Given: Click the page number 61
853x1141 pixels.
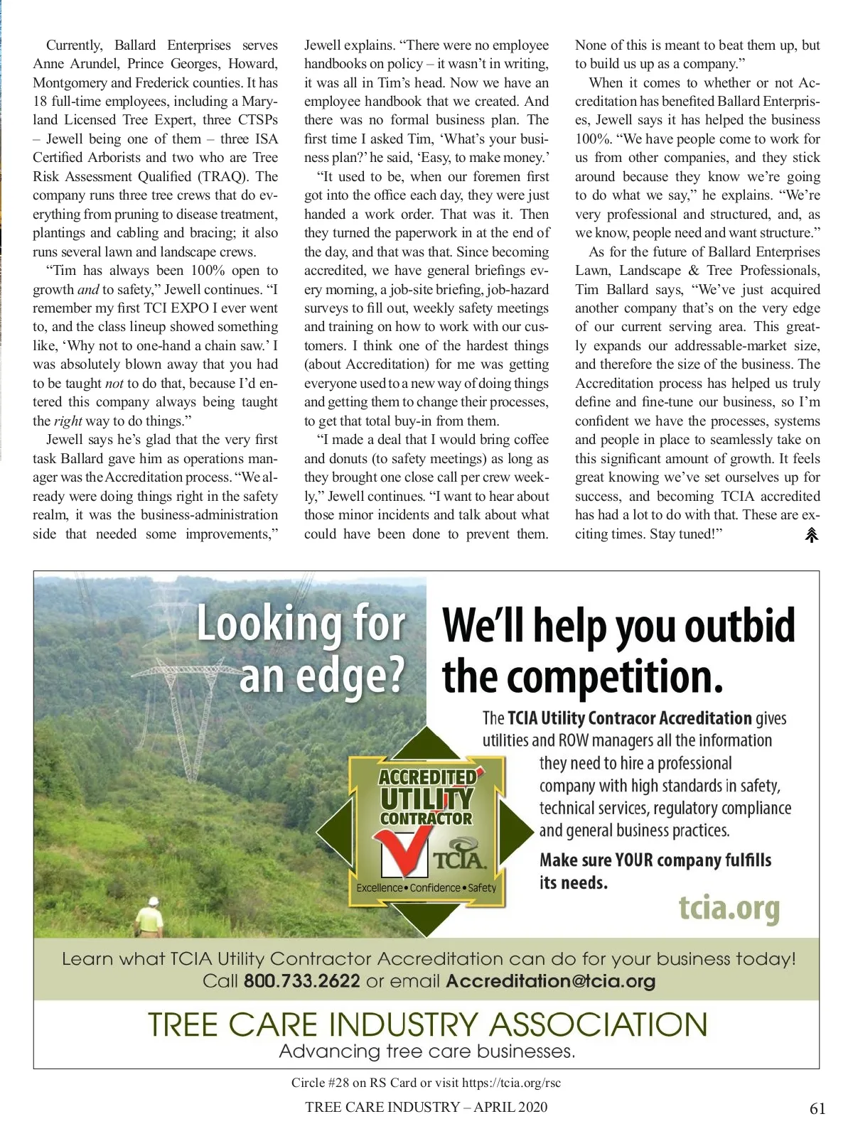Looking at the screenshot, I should click(x=817, y=1108).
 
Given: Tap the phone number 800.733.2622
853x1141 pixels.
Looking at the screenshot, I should click(x=301, y=981).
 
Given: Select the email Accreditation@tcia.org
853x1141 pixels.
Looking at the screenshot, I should click(x=550, y=981).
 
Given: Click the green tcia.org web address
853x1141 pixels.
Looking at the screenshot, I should click(x=729, y=908).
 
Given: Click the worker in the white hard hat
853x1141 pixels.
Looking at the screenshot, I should click(x=152, y=916).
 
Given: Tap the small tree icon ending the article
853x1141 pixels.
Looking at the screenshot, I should click(x=811, y=535).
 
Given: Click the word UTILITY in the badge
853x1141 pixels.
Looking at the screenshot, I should click(x=426, y=799).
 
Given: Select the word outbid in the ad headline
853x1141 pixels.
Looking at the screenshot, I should click(x=740, y=626).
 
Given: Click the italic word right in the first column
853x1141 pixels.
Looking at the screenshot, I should click(x=68, y=421).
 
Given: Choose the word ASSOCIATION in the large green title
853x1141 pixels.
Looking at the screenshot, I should click(x=598, y=1024).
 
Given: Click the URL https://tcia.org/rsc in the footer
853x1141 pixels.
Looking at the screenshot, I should click(x=511, y=1083).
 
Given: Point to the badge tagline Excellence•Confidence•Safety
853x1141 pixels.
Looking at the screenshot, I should click(x=426, y=888).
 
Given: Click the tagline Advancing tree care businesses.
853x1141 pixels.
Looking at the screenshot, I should click(x=426, y=1051).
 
